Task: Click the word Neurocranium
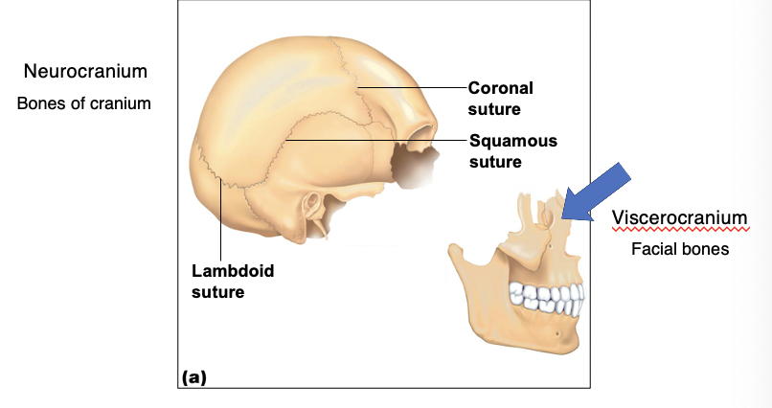pos(85,72)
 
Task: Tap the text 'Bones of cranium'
pos(83,103)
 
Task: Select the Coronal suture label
pos(500,99)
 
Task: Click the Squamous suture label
pos(513,151)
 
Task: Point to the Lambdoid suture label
pos(233,281)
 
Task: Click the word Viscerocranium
pos(679,217)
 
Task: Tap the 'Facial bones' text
pos(680,249)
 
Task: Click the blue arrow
pos(596,192)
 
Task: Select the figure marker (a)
pos(194,377)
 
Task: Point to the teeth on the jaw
pos(547,298)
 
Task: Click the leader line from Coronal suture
pos(413,87)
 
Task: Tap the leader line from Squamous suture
pos(376,140)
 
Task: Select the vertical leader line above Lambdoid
pos(220,219)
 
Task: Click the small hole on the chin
pos(557,334)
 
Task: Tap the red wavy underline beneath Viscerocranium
pos(680,229)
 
